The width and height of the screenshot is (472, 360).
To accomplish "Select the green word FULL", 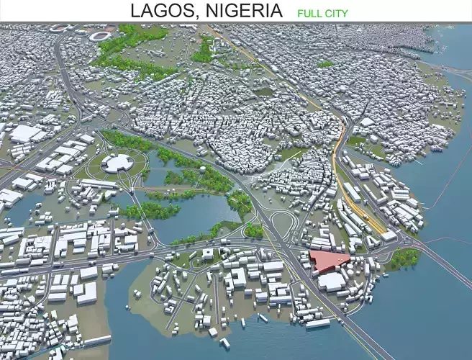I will click(x=308, y=13).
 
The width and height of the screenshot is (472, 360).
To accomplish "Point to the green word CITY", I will click(x=335, y=13).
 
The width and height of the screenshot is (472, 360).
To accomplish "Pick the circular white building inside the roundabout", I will click(x=116, y=163).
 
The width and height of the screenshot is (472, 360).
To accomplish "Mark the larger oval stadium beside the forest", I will click(x=101, y=35).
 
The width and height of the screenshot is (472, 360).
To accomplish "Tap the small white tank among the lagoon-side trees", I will click(x=203, y=171).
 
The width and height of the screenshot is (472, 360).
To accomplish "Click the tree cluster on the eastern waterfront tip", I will click(x=404, y=257).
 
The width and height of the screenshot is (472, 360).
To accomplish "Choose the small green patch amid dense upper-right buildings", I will click(x=325, y=65).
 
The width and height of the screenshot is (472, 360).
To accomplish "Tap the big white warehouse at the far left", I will click(x=27, y=134).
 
